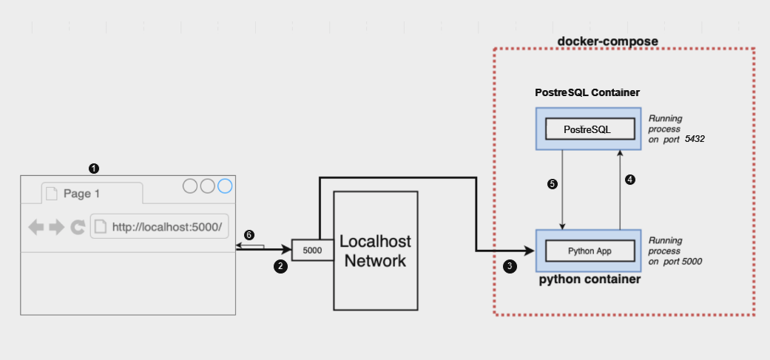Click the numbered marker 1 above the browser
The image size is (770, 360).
pyautogui.click(x=93, y=169)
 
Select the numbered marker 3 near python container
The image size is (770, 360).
pyautogui.click(x=510, y=267)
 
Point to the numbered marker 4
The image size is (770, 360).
pyautogui.click(x=630, y=180)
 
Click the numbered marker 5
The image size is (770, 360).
pyautogui.click(x=552, y=184)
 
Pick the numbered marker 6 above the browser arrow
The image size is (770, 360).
pyautogui.click(x=249, y=235)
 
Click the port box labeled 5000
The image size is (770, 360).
pyautogui.click(x=312, y=251)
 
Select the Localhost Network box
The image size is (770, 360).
pyautogui.click(x=375, y=251)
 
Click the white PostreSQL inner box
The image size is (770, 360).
pyautogui.click(x=590, y=129)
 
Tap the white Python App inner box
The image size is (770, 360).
pyautogui.click(x=590, y=251)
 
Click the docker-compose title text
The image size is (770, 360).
pyautogui.click(x=607, y=41)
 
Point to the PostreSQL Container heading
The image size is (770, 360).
pyautogui.click(x=587, y=93)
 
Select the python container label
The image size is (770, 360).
pyautogui.click(x=590, y=280)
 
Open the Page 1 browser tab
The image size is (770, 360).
pyautogui.click(x=91, y=194)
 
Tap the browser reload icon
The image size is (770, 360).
pyautogui.click(x=78, y=228)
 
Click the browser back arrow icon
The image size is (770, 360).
pyautogui.click(x=36, y=228)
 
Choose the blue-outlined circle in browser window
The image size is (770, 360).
pyautogui.click(x=225, y=186)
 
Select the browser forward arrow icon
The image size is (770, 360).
pyautogui.click(x=57, y=228)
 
